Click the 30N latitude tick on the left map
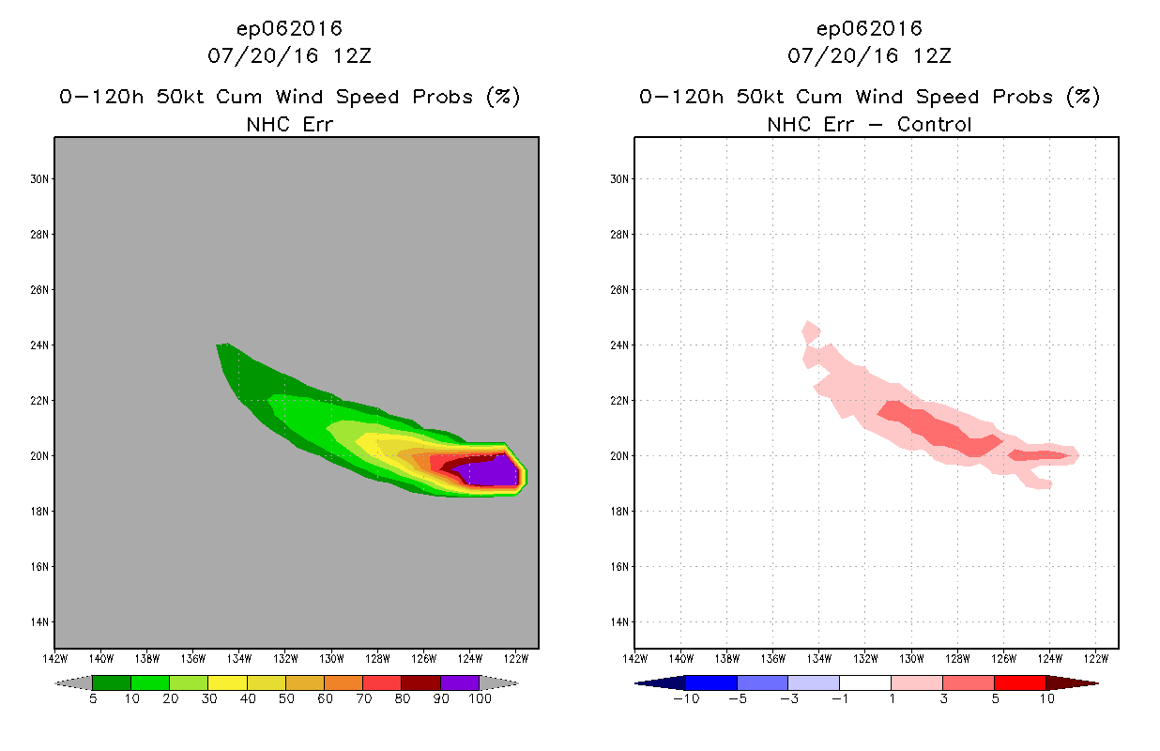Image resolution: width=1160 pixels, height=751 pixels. (x=43, y=178)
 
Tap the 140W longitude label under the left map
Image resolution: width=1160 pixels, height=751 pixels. (x=101, y=657)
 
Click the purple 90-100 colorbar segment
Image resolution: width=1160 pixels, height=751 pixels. (x=460, y=682)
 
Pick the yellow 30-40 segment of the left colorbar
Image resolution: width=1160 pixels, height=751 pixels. (x=227, y=682)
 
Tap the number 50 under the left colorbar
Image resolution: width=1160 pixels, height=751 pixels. (x=285, y=699)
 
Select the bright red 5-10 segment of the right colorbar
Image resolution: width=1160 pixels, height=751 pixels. (x=1019, y=682)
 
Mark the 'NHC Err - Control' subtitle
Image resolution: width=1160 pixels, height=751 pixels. (x=869, y=124)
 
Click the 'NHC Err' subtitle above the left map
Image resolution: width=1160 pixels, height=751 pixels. (x=288, y=124)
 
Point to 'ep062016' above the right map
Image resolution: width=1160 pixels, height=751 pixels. (x=869, y=29)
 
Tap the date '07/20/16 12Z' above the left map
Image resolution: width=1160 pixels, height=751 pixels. (x=288, y=56)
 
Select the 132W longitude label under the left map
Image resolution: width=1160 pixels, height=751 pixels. (x=285, y=657)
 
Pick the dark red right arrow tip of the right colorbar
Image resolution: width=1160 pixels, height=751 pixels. (x=1079, y=682)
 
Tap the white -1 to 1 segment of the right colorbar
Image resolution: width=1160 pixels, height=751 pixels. (x=865, y=682)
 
